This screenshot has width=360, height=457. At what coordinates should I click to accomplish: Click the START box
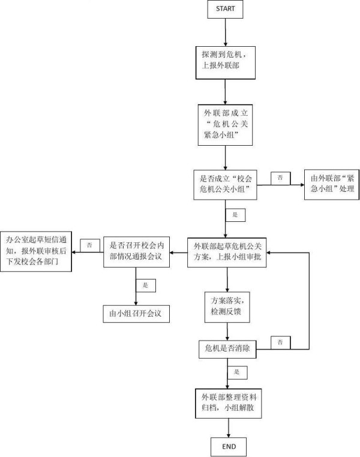pos(225,10)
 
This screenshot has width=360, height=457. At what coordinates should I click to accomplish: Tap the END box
pos(229,446)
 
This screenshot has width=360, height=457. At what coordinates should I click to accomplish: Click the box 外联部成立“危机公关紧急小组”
pos(225,125)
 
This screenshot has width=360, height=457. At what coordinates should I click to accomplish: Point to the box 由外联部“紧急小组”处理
pos(331,184)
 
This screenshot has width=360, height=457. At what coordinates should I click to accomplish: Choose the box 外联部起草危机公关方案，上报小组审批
pos(227,252)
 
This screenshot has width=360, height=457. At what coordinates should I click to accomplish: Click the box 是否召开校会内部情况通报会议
pos(137,252)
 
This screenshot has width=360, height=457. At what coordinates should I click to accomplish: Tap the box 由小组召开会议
pos(137,313)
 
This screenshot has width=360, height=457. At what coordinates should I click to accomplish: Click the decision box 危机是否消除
pos(227,348)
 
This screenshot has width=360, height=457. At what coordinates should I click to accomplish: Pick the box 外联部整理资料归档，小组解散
pos(228,404)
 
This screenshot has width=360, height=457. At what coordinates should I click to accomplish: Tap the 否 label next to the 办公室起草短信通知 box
pos(89,245)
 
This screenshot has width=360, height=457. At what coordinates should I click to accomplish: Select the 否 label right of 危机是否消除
pos(281,342)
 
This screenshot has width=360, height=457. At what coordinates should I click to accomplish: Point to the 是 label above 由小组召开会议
pos(145,284)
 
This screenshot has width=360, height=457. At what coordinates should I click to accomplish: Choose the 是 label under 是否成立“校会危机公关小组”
pos(235,214)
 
